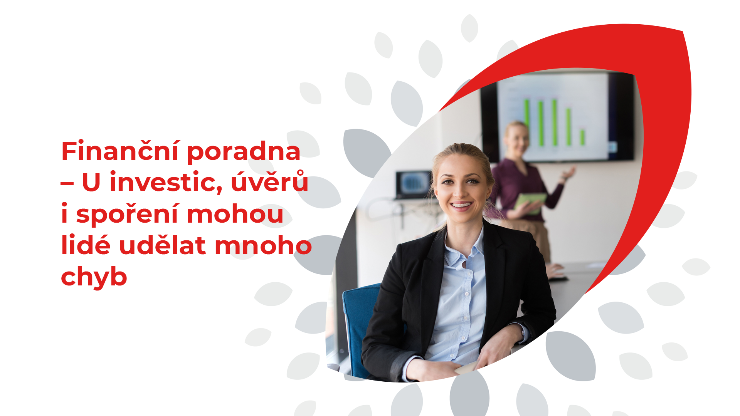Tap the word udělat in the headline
coord(162,245)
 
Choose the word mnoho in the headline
coord(263,245)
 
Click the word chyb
coord(94,277)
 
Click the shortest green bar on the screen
coord(583,137)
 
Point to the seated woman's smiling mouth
coord(461,205)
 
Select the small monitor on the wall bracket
coord(414,185)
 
